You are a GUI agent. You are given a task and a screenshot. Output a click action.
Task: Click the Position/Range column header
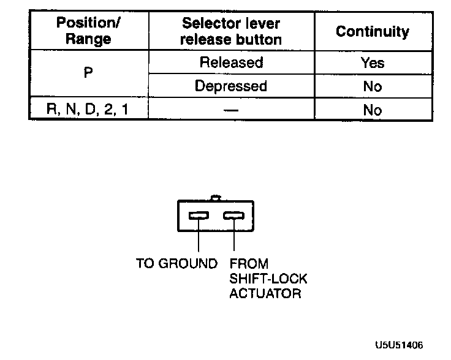tap(89, 31)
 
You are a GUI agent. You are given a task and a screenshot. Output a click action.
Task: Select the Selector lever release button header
tap(231, 31)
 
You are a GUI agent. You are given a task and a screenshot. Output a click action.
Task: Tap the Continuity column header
tap(373, 31)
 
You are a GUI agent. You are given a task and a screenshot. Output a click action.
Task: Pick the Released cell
tap(231, 62)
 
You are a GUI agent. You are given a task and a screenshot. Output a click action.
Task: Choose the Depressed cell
tap(231, 86)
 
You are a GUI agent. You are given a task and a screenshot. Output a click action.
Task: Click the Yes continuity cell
tap(373, 62)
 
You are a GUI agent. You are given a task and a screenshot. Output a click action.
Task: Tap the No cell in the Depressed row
tap(373, 86)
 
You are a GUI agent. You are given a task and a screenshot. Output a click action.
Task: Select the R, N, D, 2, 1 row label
tap(89, 110)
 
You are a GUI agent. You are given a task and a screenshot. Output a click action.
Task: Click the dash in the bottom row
tap(231, 111)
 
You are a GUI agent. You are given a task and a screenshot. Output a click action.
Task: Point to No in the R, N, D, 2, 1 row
tap(373, 110)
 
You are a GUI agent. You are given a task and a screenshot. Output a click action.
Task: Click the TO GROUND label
tap(176, 264)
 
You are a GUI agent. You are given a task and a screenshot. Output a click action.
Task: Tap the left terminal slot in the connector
tap(200, 216)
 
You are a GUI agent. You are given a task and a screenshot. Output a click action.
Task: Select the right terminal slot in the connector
tap(233, 216)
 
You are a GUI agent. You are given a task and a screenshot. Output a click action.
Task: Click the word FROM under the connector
tap(249, 264)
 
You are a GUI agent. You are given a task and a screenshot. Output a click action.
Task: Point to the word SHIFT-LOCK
tap(268, 279)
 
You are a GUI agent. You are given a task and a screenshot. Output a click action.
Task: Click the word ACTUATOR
tap(265, 294)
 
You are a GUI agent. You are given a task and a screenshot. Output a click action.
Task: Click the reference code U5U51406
tap(400, 345)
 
